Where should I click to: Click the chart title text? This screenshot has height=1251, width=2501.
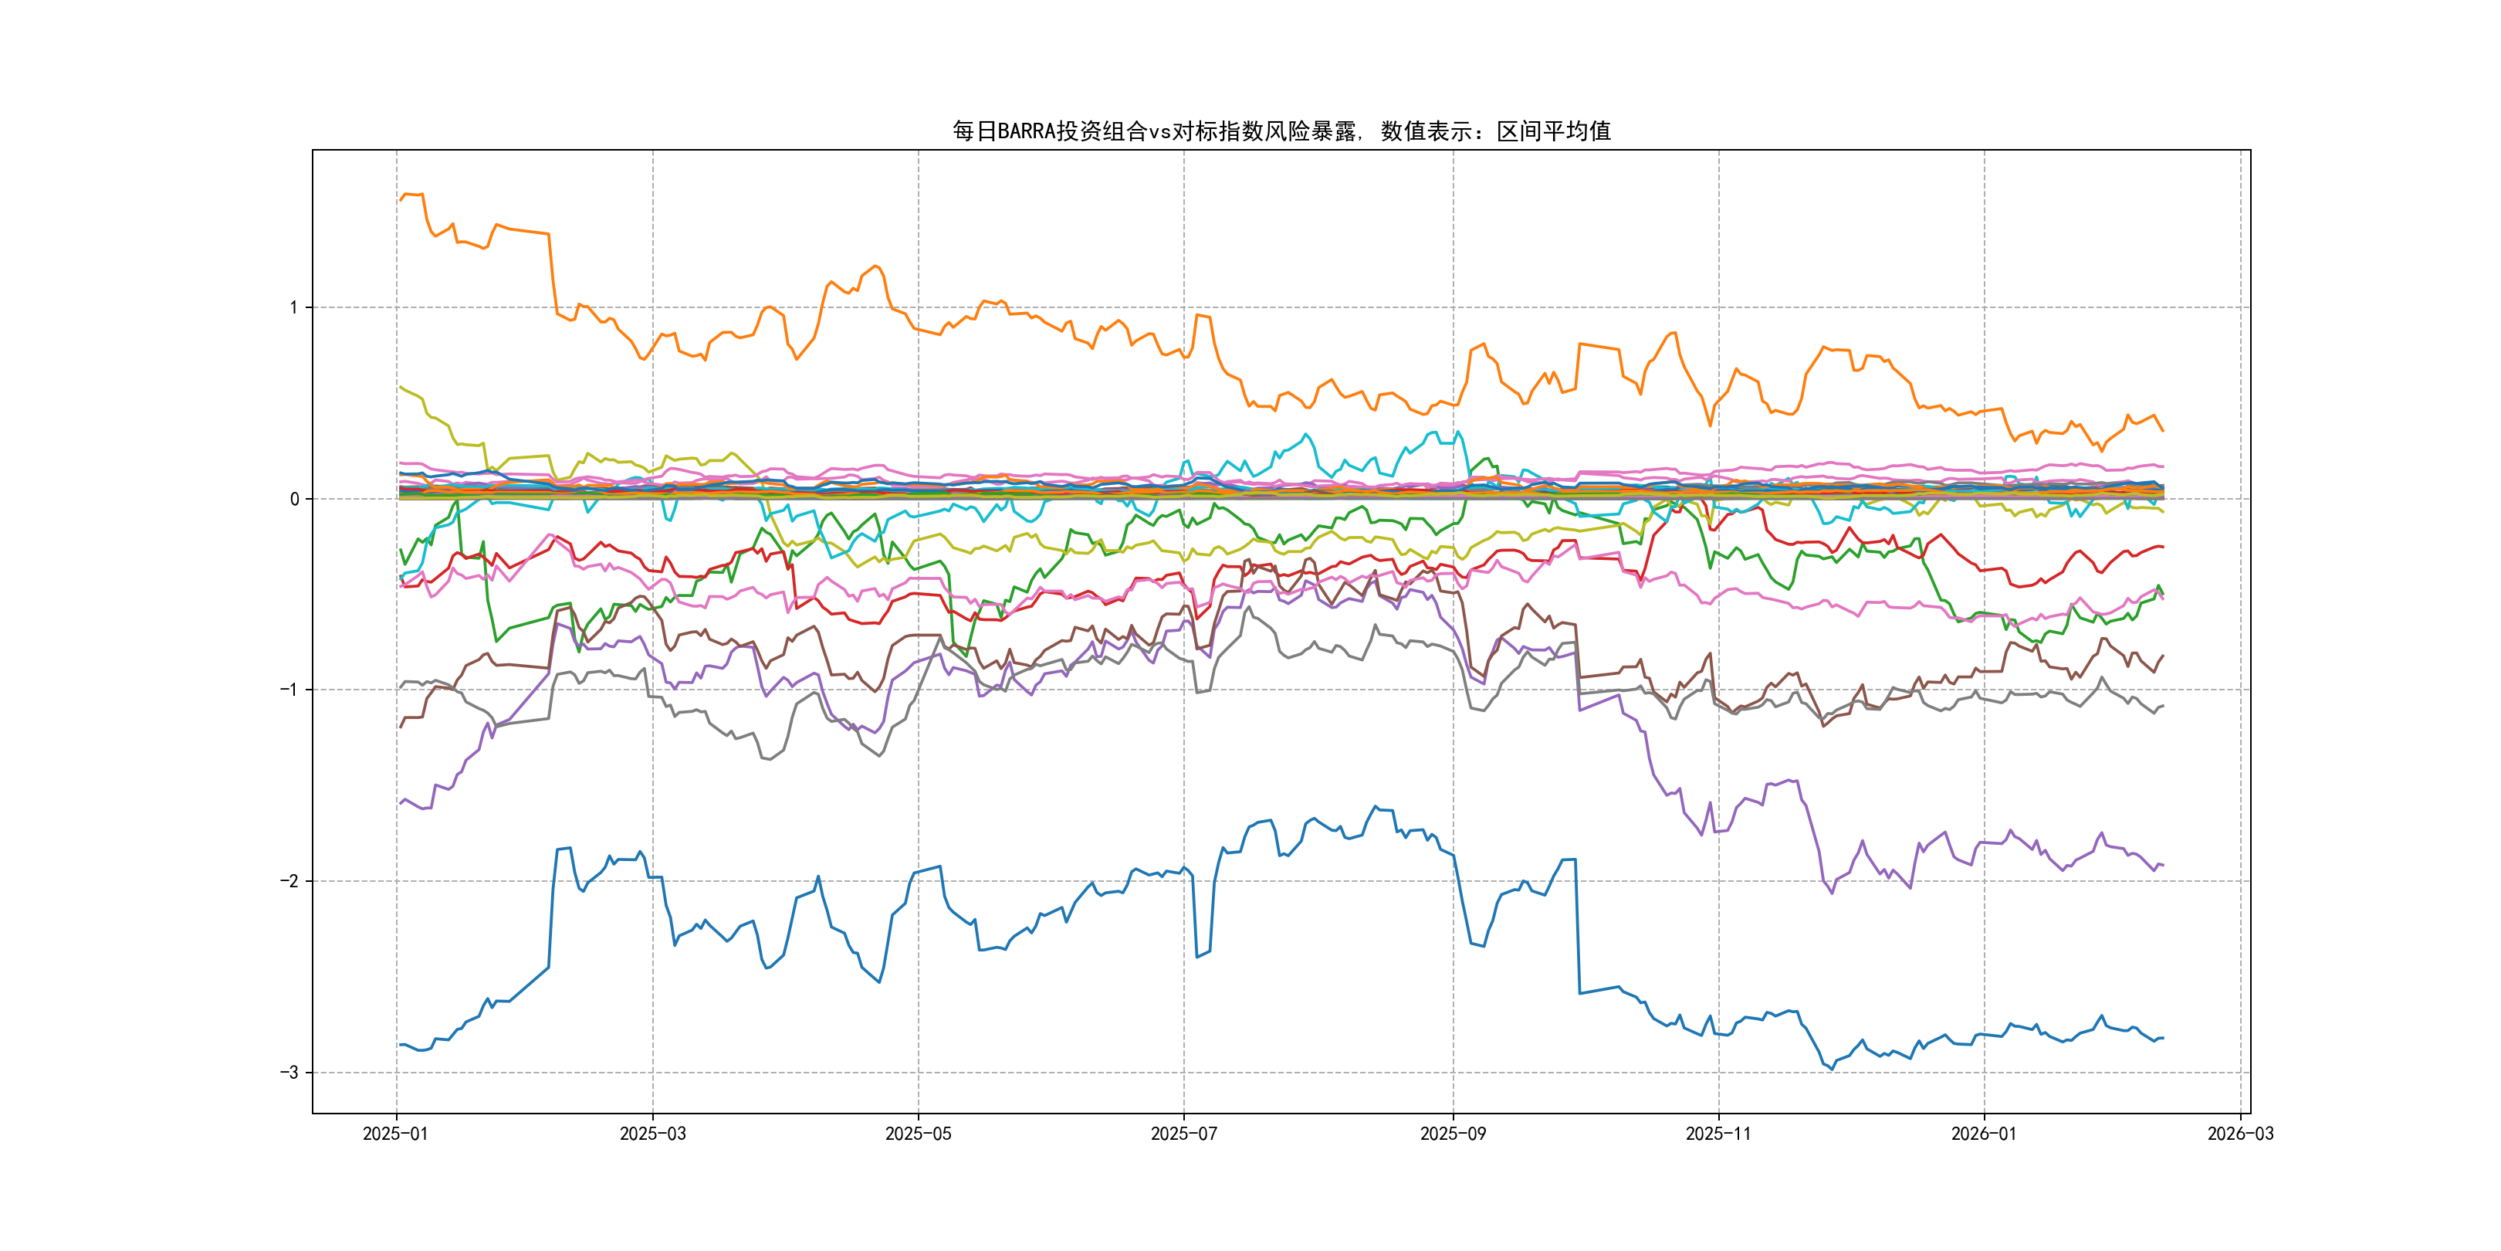tap(1281, 131)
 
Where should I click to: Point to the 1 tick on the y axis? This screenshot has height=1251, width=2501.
tap(293, 308)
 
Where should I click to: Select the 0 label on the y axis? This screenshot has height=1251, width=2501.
tap(294, 499)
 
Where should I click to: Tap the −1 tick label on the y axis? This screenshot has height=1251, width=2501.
tap(289, 690)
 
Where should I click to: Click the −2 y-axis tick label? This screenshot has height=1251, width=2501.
tap(289, 881)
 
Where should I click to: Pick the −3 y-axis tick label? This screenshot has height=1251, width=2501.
tap(289, 1073)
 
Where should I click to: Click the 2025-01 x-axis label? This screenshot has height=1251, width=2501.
tap(395, 1134)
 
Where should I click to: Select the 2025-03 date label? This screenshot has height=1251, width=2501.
tap(652, 1134)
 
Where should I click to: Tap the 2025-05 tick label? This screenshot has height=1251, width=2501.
tap(918, 1134)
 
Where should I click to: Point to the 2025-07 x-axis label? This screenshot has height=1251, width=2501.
tap(1183, 1134)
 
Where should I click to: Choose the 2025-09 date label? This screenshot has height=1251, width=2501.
tap(1453, 1134)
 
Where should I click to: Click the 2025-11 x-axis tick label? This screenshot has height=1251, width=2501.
tap(1718, 1134)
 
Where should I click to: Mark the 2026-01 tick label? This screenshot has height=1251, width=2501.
tap(1984, 1134)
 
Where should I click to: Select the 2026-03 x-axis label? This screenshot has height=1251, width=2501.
tap(2240, 1134)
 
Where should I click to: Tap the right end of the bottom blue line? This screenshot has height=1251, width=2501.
tap(2162, 1039)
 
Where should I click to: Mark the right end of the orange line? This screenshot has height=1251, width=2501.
tap(2162, 430)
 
